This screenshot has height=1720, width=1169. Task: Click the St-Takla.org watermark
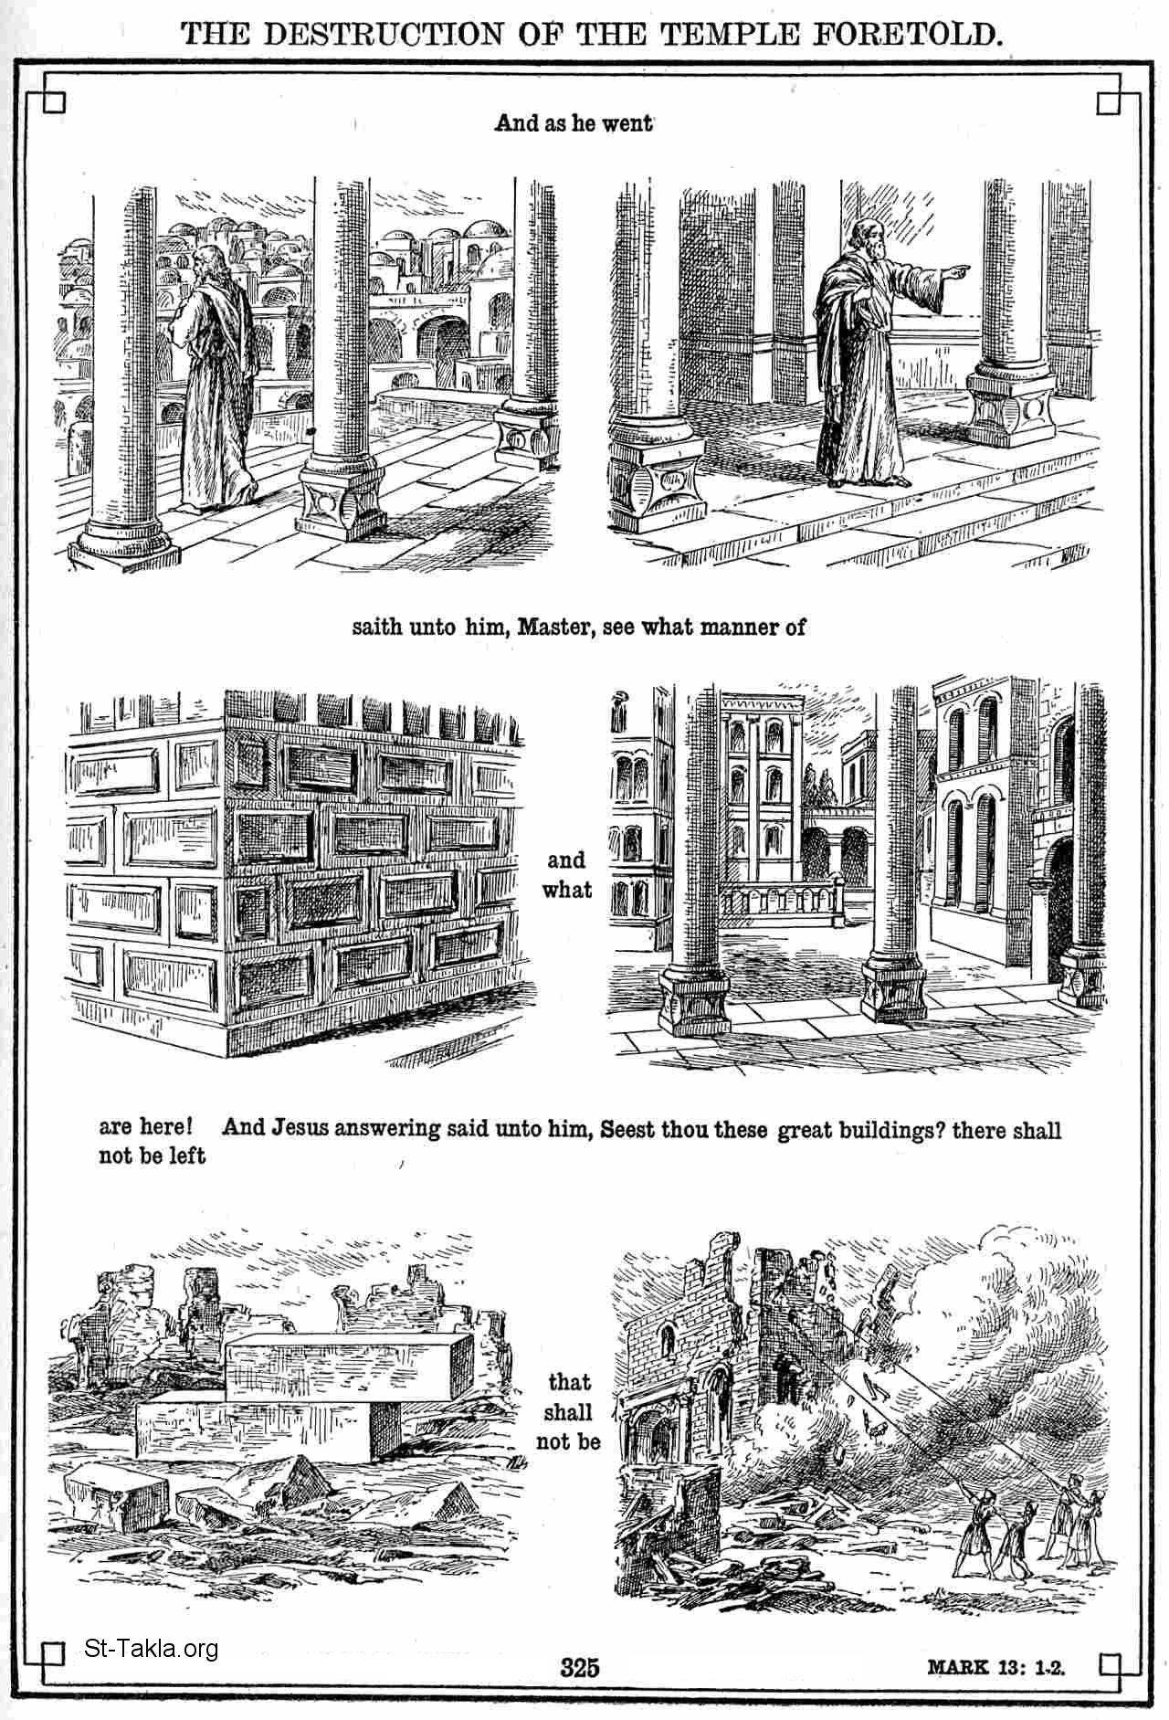point(151,1649)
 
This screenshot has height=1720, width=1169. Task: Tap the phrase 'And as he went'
point(574,123)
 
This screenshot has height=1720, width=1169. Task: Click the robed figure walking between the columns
point(212,375)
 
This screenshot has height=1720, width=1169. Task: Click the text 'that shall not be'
point(568,1412)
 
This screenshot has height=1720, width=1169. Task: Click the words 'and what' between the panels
point(566,874)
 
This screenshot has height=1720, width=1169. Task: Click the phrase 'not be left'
point(153,1155)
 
